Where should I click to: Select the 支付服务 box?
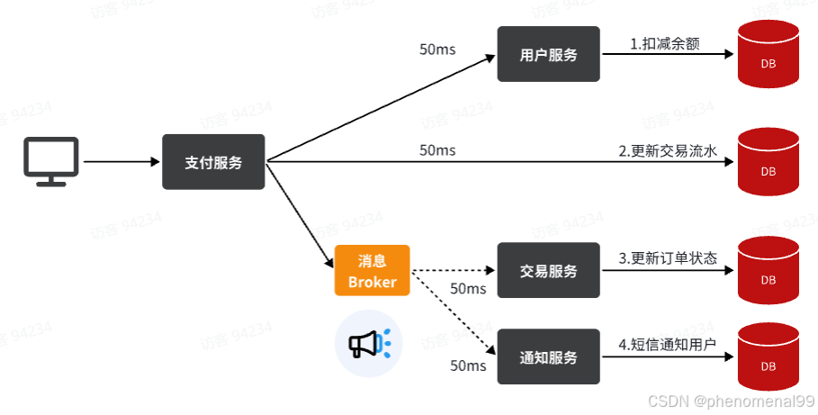(x=213, y=162)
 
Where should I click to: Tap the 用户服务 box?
(x=548, y=54)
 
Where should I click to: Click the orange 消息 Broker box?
(x=372, y=270)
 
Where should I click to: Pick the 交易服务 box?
(x=548, y=270)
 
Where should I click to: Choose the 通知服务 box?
(x=548, y=356)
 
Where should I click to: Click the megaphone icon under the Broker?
(x=368, y=343)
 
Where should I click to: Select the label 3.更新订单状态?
(x=668, y=258)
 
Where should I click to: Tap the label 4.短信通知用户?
(x=668, y=345)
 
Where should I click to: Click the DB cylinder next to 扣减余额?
(x=768, y=56)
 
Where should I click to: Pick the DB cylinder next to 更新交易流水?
(x=768, y=163)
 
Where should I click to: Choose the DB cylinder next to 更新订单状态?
(x=768, y=271)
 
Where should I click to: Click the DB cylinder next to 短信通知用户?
(x=768, y=357)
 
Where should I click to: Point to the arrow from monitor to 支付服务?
(x=121, y=162)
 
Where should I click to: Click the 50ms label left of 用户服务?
(x=437, y=49)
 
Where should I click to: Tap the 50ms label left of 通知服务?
(x=468, y=365)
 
